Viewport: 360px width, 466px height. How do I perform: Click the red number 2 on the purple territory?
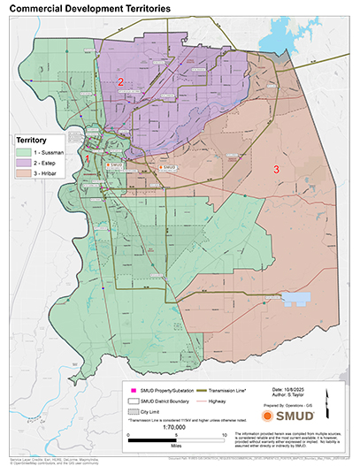(x=120, y=82)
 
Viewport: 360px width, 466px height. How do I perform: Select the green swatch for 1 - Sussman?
(x=22, y=151)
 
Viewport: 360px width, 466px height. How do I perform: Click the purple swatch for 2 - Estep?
(x=22, y=163)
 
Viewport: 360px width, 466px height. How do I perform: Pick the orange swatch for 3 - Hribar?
(x=22, y=174)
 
